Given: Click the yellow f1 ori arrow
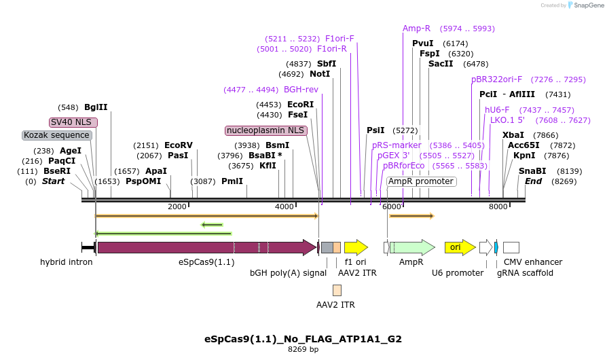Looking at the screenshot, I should point(355,247).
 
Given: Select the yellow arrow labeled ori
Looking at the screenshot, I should point(460,247).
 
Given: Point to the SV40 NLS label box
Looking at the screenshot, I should point(73,122).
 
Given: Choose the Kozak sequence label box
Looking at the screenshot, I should point(56,135).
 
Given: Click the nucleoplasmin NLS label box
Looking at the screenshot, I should point(266,130).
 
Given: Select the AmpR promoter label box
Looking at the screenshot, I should point(421,181).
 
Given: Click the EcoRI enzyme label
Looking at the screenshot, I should point(300,105).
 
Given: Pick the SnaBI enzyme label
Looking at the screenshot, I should point(532,171).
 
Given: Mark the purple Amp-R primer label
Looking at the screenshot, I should point(416,29).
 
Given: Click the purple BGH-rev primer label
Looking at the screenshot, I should point(301,90).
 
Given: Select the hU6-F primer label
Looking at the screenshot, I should point(497,110).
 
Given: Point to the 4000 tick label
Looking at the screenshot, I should point(284,206).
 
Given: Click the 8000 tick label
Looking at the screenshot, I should point(498,206).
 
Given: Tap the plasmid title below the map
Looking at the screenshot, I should point(303,338).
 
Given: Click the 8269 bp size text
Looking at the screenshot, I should point(303,349).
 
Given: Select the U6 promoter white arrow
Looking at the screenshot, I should point(485,247).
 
